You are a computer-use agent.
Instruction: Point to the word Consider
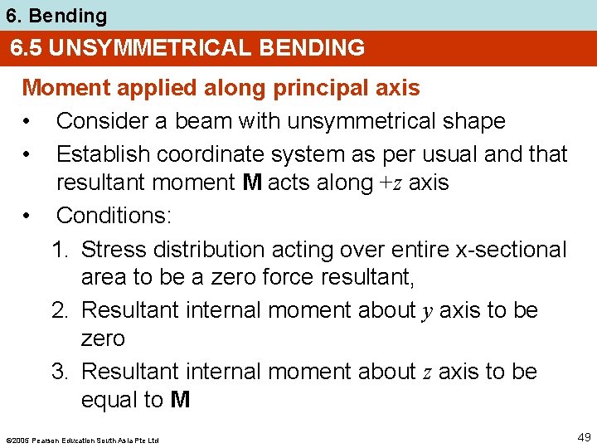pos(99,121)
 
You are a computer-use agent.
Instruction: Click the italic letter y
pos(427,311)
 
